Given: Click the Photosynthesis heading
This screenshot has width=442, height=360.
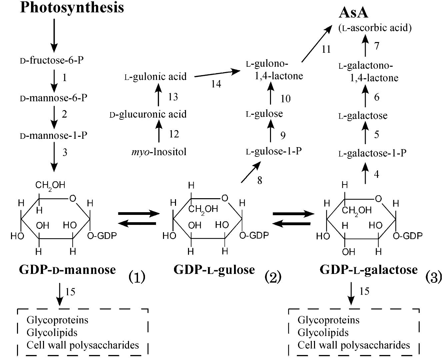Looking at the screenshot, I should tap(72, 7).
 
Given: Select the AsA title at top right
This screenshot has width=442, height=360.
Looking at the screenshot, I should tap(353, 13).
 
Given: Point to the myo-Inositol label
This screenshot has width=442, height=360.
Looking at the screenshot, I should tap(159, 152).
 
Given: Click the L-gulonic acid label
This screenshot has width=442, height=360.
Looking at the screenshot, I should tap(155, 77).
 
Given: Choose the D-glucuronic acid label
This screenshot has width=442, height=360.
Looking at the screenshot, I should tap(148, 114).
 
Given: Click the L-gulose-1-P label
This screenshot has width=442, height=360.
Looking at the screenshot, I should tap(274, 151).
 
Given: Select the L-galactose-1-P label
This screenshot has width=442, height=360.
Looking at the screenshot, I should tap(372, 153).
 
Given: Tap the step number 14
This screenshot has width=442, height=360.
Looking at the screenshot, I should tap(216, 84).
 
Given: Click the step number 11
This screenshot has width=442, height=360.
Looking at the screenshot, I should tap(326, 49).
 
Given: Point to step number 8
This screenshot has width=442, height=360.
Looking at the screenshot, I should tap(260, 181).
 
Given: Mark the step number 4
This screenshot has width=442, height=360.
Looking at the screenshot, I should tap(376, 174).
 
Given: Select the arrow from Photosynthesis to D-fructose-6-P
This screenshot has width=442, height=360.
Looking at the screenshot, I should tap(54, 35).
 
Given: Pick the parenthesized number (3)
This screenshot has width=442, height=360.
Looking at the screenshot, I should tap(433, 277).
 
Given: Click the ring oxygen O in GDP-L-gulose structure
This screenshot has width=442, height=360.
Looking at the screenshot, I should tap(225, 199).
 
